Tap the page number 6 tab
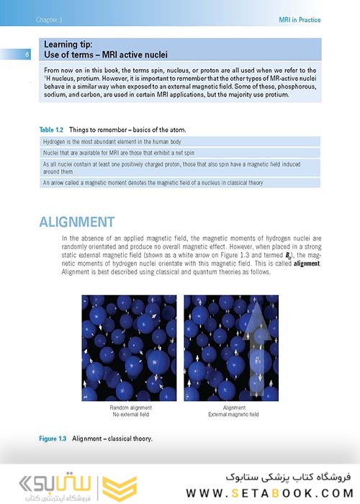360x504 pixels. click(x=27, y=55)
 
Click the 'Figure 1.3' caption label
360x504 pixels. click(x=53, y=438)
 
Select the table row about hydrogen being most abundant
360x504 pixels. click(x=181, y=142)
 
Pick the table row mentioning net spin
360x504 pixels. click(x=181, y=153)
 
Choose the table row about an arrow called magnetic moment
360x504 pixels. click(x=181, y=183)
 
